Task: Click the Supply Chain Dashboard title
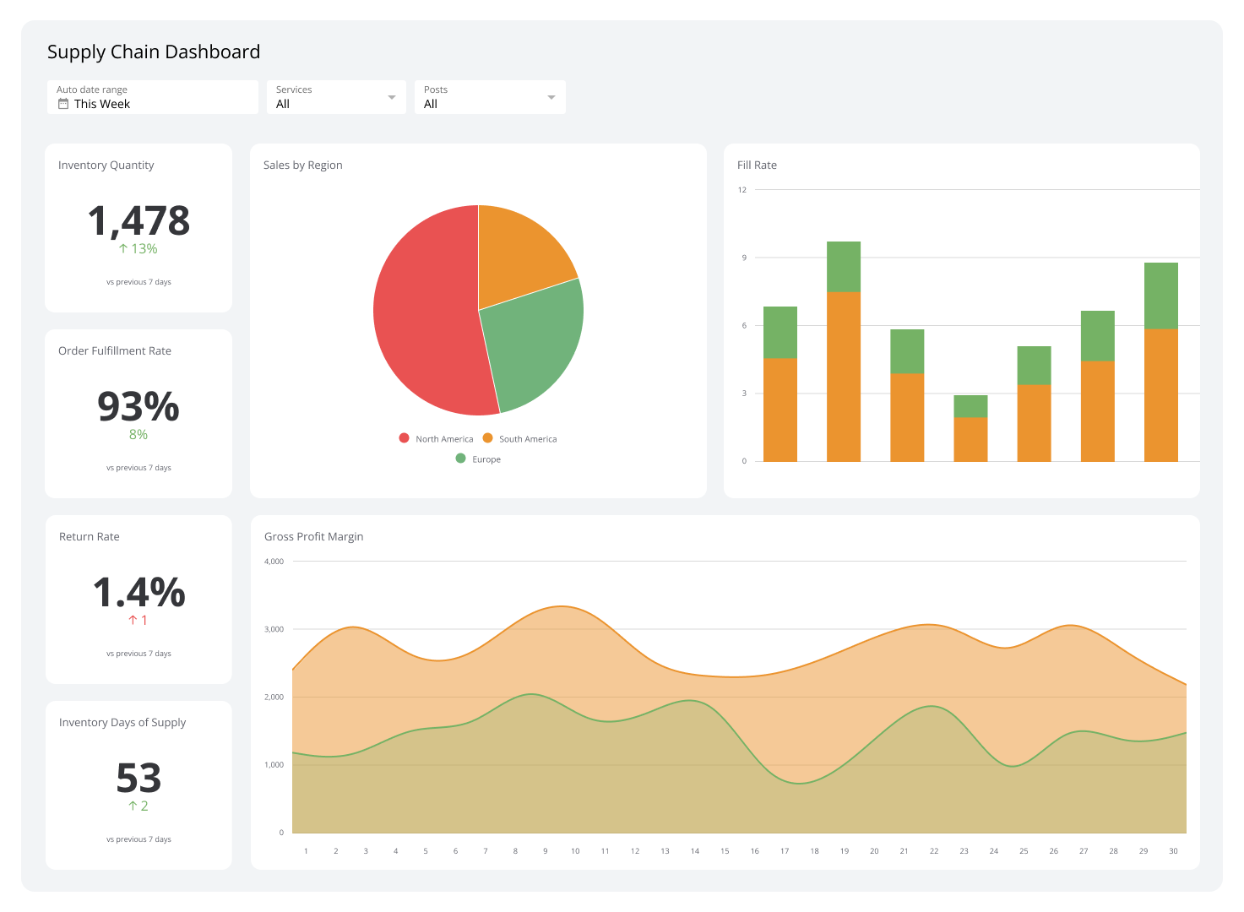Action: click(153, 52)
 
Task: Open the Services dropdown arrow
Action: click(391, 97)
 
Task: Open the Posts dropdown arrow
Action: click(551, 97)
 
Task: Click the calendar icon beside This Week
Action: click(63, 104)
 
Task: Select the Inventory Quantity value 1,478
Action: click(139, 221)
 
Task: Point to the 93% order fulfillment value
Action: click(139, 407)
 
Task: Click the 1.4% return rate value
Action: click(139, 593)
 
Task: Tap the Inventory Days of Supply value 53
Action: click(139, 779)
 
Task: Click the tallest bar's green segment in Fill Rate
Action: click(843, 266)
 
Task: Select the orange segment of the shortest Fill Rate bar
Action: click(970, 439)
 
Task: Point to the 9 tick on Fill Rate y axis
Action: click(744, 258)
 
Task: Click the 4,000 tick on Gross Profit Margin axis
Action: click(274, 562)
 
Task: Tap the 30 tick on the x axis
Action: click(1173, 851)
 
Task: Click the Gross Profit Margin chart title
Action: click(313, 536)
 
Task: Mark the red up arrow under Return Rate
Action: click(133, 620)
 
